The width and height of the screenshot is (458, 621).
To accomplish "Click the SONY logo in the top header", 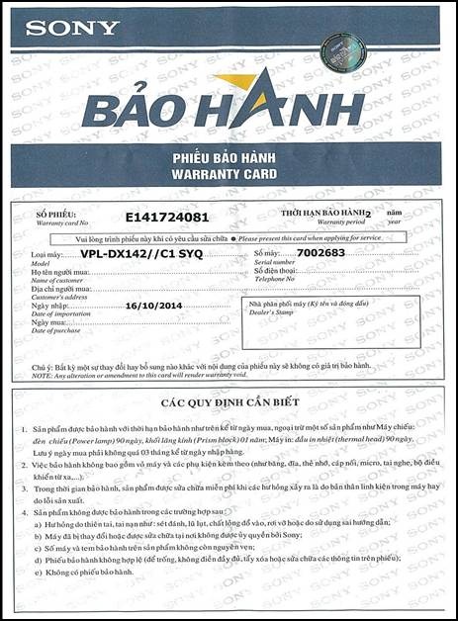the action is [71, 28].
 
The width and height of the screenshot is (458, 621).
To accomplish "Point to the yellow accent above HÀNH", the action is [237, 80].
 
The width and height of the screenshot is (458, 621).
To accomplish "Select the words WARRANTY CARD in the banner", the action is [225, 174].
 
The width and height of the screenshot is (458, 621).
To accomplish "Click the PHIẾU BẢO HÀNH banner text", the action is [225, 159].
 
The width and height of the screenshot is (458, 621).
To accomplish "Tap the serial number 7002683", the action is [321, 253].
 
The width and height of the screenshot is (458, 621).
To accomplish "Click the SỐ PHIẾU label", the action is [55, 215].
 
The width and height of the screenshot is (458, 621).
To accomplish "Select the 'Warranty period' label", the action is [308, 222].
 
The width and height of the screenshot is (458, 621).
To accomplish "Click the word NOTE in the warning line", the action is [43, 375].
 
